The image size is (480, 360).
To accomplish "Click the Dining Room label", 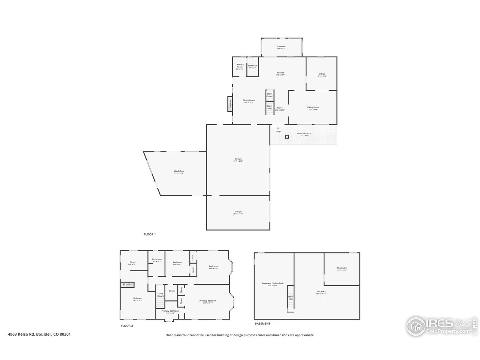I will point(249,101).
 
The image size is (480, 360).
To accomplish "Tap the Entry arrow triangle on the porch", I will point(278,128).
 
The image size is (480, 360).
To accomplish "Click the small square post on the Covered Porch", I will point(287,137).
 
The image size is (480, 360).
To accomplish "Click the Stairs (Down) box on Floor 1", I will point(270,95).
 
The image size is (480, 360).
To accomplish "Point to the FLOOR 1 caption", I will point(150,234).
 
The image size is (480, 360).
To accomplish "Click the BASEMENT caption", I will point(262,323).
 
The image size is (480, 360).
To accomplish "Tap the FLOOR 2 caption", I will point(127,326).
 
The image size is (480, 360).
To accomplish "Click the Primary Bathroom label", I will point(170,311).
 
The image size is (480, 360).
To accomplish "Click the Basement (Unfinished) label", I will point(273,284).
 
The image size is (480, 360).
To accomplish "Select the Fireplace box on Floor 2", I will point(127,285).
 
